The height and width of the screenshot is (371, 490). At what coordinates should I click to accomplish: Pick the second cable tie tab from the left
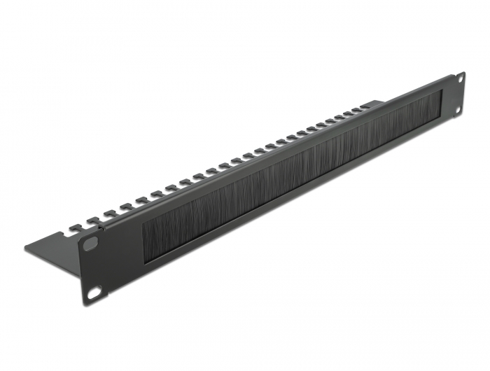[91, 218]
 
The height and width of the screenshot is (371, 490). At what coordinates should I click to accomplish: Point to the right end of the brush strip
[445, 95]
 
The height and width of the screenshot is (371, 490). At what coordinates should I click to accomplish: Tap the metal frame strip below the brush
[294, 203]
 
